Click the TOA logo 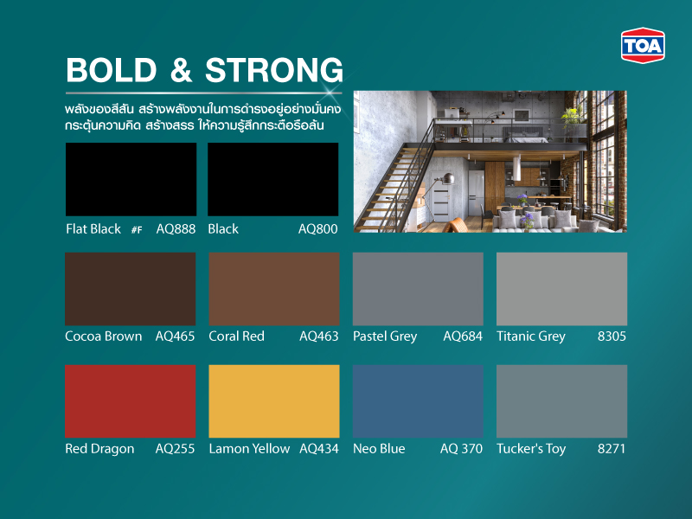(643, 46)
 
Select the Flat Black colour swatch (131, 179)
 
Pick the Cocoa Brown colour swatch (131, 289)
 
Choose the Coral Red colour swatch (274, 289)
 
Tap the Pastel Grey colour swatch (418, 289)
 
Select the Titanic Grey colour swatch (561, 289)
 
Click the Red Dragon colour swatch (131, 401)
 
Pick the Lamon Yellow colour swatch (274, 401)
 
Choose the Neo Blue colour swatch (418, 401)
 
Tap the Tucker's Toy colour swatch (561, 401)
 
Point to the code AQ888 (176, 229)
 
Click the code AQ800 (318, 229)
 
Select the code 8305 (611, 336)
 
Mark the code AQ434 (318, 449)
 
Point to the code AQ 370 (461, 449)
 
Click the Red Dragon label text (99, 449)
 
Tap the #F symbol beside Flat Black (137, 230)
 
